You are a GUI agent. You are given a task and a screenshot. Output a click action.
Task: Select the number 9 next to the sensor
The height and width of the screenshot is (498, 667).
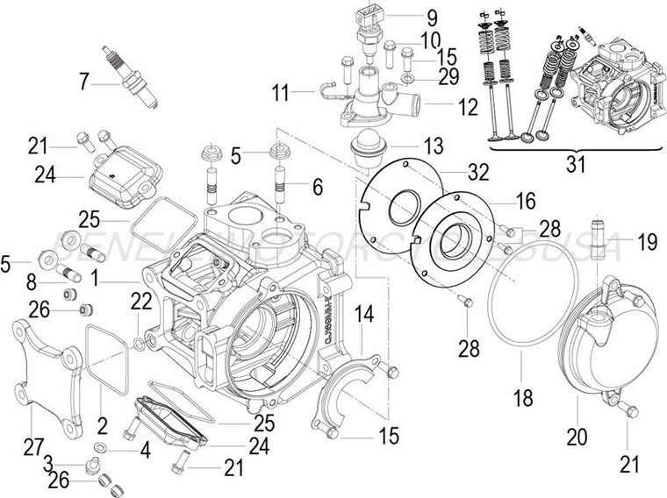[x=431, y=17]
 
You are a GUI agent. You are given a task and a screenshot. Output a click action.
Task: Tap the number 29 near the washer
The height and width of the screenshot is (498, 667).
[x=448, y=77]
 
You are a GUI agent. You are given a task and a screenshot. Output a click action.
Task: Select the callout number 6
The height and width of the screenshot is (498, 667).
[x=317, y=186]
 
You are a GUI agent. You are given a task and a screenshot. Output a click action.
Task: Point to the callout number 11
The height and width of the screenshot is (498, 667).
[x=280, y=90]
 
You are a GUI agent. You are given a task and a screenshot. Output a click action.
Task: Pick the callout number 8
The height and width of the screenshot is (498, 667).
[x=32, y=282]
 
